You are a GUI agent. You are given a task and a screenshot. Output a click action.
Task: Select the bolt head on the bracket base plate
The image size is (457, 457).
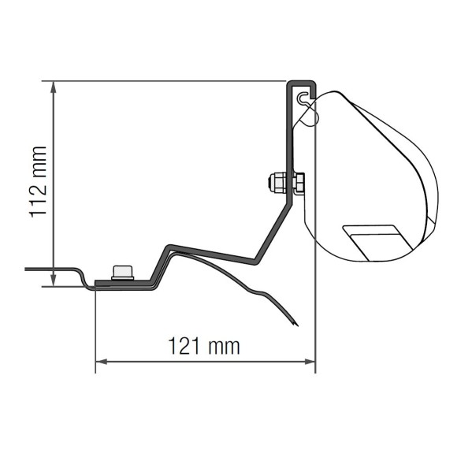(x=123, y=273)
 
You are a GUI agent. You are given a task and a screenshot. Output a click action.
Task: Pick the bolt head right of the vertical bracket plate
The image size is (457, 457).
(x=299, y=183)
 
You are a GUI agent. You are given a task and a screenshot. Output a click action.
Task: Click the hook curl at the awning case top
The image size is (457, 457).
(x=305, y=97)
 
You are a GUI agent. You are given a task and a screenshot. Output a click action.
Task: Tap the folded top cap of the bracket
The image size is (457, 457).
(x=301, y=81)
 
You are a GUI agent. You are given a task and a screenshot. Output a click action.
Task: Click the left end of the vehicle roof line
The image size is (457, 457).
(x=28, y=269)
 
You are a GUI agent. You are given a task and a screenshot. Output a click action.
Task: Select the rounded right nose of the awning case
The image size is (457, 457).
(x=436, y=193)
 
